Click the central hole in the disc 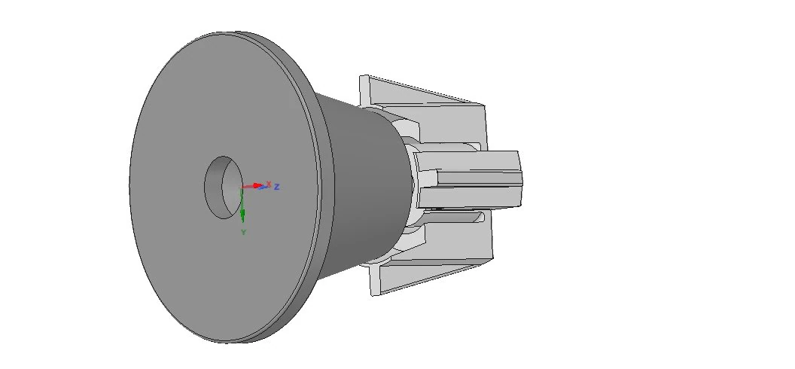coord(223,188)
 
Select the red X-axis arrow coord(252,186)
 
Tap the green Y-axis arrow coord(242,206)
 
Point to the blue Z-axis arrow coord(263,187)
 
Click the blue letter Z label coord(277,187)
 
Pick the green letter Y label coord(244,232)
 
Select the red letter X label coord(269,183)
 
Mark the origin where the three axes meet coord(242,188)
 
